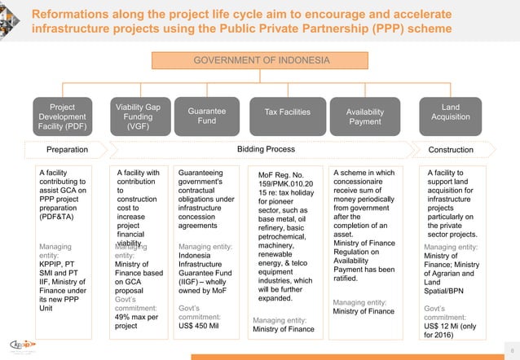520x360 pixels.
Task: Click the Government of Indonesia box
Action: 261,61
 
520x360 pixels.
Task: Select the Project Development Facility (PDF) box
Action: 62,116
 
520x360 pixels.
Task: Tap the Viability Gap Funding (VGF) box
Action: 138,116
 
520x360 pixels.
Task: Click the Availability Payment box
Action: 364,116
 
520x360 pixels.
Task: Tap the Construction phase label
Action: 451,150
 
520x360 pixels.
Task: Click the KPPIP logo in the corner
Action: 22,345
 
